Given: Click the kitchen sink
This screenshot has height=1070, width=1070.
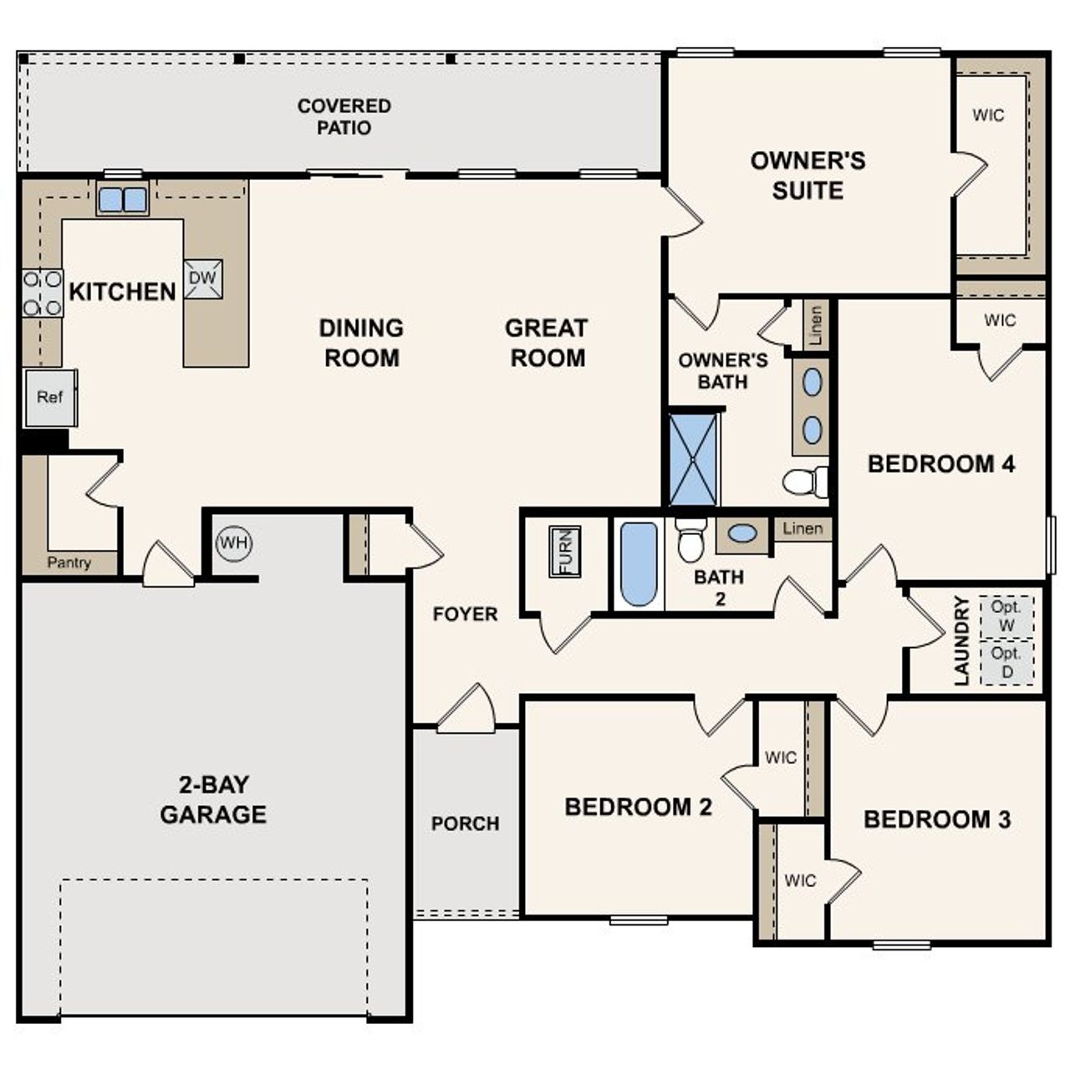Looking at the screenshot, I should tap(122, 200).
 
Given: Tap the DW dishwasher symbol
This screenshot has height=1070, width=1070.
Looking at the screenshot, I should tap(202, 278).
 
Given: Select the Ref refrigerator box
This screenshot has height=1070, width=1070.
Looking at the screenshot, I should tap(50, 398).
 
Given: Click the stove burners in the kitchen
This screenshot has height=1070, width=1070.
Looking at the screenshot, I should tap(42, 293).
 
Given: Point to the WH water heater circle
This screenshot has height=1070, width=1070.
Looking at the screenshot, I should tap(233, 543).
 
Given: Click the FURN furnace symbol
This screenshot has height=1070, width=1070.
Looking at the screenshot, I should tap(565, 552).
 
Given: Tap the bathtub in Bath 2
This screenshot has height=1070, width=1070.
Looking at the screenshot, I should tap(639, 564).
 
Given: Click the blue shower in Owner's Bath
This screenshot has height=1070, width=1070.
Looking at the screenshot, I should tap(694, 459).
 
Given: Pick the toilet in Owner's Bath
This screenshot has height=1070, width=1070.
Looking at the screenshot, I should tap(804, 481).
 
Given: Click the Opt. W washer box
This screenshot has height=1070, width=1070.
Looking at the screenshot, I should tap(1006, 616).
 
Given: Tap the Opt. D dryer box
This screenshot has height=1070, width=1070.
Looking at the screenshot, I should tap(1006, 662).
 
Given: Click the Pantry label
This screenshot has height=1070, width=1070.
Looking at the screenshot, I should tap(69, 563).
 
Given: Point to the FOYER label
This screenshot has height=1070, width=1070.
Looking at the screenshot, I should tap(465, 614).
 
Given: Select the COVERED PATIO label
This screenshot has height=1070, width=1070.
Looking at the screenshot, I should tap(344, 117).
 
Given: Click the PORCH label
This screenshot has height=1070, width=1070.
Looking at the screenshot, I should tap(465, 823).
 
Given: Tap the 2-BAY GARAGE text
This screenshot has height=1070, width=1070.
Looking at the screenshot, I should tap(213, 799).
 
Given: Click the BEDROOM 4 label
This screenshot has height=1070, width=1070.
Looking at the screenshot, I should tap(941, 464).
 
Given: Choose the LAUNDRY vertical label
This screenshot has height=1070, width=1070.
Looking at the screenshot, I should tap(961, 640).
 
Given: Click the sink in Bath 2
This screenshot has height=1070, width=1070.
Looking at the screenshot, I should tap(742, 533).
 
